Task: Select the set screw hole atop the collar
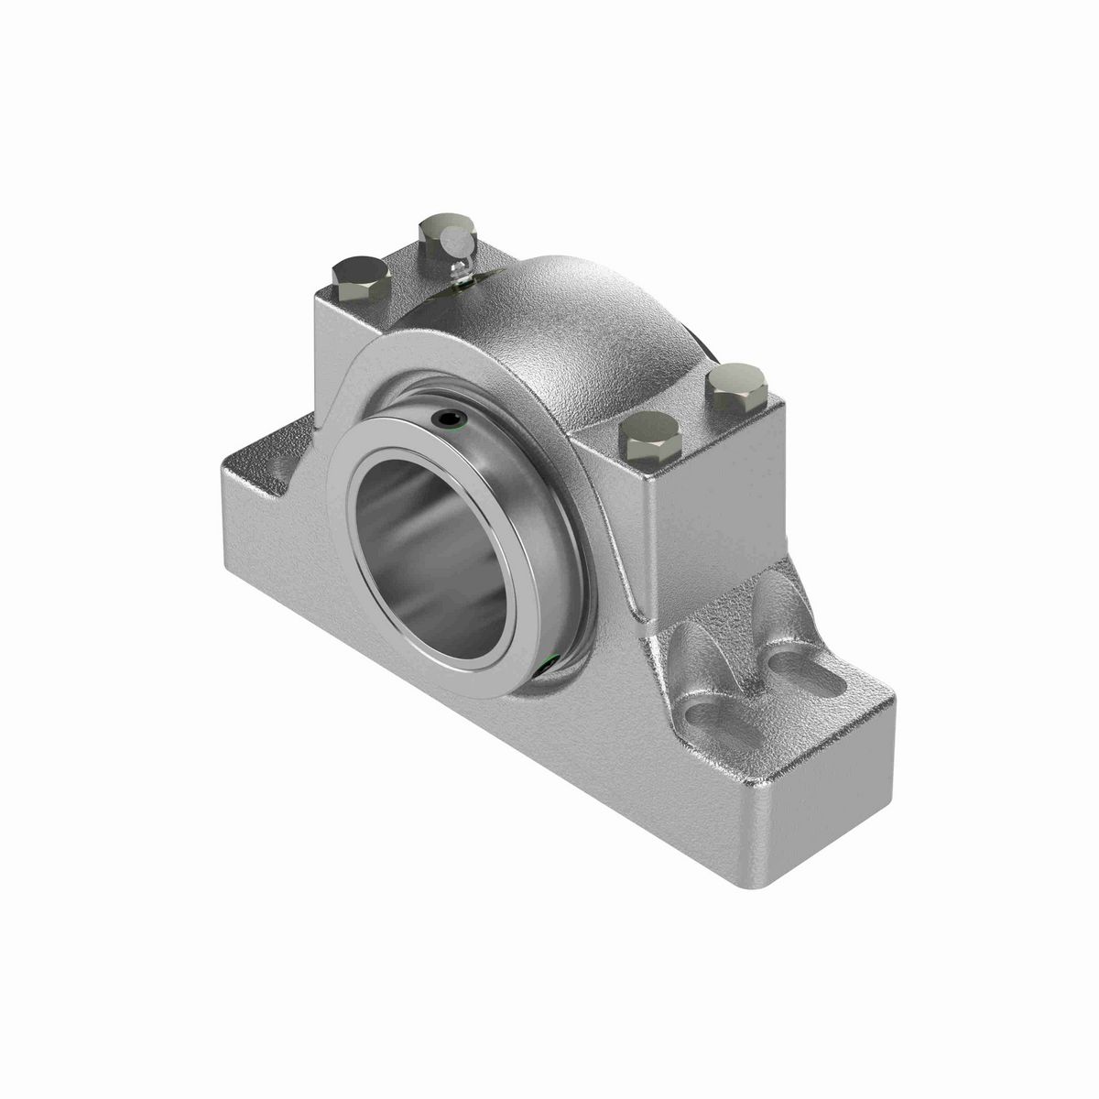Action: click(x=449, y=420)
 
